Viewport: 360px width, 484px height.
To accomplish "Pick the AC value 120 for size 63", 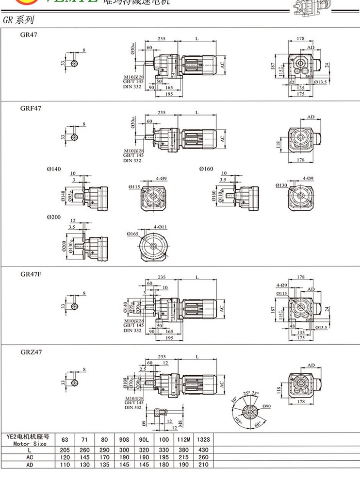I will coord(65,457).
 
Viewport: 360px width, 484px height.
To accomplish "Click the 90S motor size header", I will coord(123,439).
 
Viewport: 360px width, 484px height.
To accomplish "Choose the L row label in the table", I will coord(30,450).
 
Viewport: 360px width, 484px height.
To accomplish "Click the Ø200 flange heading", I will coord(54,217).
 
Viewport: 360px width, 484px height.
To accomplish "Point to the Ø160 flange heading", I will coord(206,168).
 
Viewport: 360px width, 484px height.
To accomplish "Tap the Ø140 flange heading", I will coord(54,168).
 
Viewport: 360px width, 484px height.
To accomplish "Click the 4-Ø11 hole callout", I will coord(161,227).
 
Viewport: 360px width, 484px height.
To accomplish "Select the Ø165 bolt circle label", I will coord(134,234).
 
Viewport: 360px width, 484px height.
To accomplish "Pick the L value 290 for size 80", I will coord(103,450).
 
